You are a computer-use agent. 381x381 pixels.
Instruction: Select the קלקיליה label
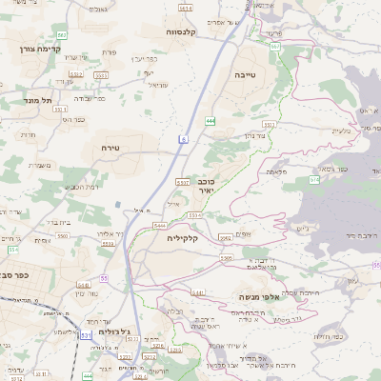click(x=181, y=237)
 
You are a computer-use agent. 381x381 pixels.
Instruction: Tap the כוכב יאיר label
click(x=207, y=186)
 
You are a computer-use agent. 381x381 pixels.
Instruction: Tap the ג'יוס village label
click(x=303, y=228)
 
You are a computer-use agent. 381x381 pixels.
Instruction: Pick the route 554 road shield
click(x=13, y=249)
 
